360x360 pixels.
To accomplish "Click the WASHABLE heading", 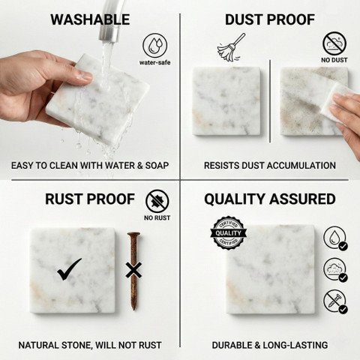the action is (90, 19).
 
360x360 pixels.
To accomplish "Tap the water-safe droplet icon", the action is (155, 46).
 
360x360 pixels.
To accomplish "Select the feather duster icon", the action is (231, 48).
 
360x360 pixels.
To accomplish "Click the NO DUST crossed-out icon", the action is (334, 43).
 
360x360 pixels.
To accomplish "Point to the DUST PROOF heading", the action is (270, 19).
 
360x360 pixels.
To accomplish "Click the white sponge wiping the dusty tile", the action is (334, 103).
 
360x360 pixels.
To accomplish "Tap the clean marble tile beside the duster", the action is (226, 101).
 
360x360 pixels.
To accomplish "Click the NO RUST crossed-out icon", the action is (157, 201).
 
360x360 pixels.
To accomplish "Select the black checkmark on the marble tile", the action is (69, 269).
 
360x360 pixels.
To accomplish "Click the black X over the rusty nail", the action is (133, 270).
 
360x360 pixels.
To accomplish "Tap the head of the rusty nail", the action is (133, 235).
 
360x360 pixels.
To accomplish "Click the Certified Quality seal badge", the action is (228, 233).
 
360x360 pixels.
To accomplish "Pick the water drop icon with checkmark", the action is (335, 238).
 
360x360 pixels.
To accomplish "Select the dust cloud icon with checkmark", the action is (335, 270).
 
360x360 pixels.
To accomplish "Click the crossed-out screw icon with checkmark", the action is (335, 301).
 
